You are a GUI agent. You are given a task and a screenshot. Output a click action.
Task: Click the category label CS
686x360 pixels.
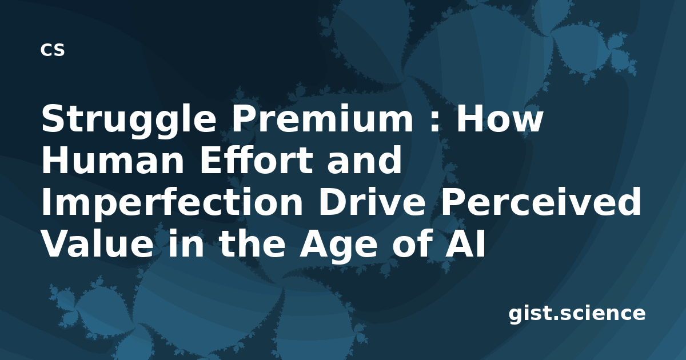click(x=53, y=50)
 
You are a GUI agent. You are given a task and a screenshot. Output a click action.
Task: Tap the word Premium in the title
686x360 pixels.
click(x=323, y=118)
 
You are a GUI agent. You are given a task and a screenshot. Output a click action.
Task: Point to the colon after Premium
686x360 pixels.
click(x=434, y=122)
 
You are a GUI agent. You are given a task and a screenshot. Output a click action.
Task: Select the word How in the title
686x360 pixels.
click(x=500, y=118)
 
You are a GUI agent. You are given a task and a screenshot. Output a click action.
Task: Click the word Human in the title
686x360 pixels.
click(x=113, y=160)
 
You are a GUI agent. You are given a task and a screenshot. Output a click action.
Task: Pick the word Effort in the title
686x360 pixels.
click(x=257, y=159)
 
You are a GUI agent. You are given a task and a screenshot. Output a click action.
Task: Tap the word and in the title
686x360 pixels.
click(x=365, y=159)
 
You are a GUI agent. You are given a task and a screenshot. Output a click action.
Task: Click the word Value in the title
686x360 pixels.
click(x=97, y=243)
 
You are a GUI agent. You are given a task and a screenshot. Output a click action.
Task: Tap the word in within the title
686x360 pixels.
click(x=186, y=243)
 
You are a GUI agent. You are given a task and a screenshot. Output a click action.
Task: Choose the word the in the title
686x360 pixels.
click(x=251, y=243)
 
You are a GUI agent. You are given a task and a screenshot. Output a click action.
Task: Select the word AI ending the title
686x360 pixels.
click(x=465, y=243)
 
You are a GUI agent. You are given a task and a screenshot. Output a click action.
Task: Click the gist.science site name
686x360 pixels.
click(x=577, y=314)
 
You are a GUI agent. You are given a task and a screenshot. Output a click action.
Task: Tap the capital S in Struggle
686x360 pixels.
click(x=54, y=118)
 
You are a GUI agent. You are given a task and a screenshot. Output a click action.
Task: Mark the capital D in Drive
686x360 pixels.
click(x=332, y=202)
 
